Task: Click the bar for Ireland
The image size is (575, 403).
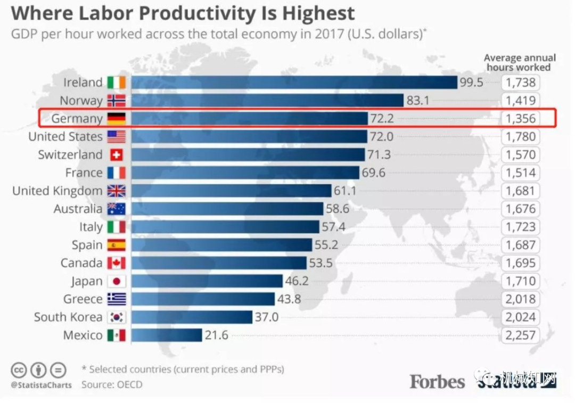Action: [294, 83]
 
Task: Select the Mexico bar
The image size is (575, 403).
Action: [167, 335]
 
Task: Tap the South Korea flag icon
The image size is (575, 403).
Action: [116, 317]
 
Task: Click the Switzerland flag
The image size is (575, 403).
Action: [116, 155]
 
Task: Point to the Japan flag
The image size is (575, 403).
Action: [116, 281]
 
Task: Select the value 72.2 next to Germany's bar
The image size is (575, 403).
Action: [382, 119]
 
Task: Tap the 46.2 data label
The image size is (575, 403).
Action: [297, 281]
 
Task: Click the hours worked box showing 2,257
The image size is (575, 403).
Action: [521, 335]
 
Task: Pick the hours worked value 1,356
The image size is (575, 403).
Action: [521, 119]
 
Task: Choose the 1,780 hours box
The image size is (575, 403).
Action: [521, 137]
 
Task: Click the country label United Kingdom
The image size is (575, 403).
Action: [57, 191]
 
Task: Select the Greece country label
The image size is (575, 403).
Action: [83, 299]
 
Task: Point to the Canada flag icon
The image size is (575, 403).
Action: [116, 263]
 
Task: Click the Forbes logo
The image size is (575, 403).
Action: [437, 381]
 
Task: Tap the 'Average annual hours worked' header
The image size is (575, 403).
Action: [519, 62]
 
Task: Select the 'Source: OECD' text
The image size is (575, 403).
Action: [112, 384]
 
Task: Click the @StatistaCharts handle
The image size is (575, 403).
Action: [41, 385]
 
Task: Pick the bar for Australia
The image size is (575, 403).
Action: [227, 209]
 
